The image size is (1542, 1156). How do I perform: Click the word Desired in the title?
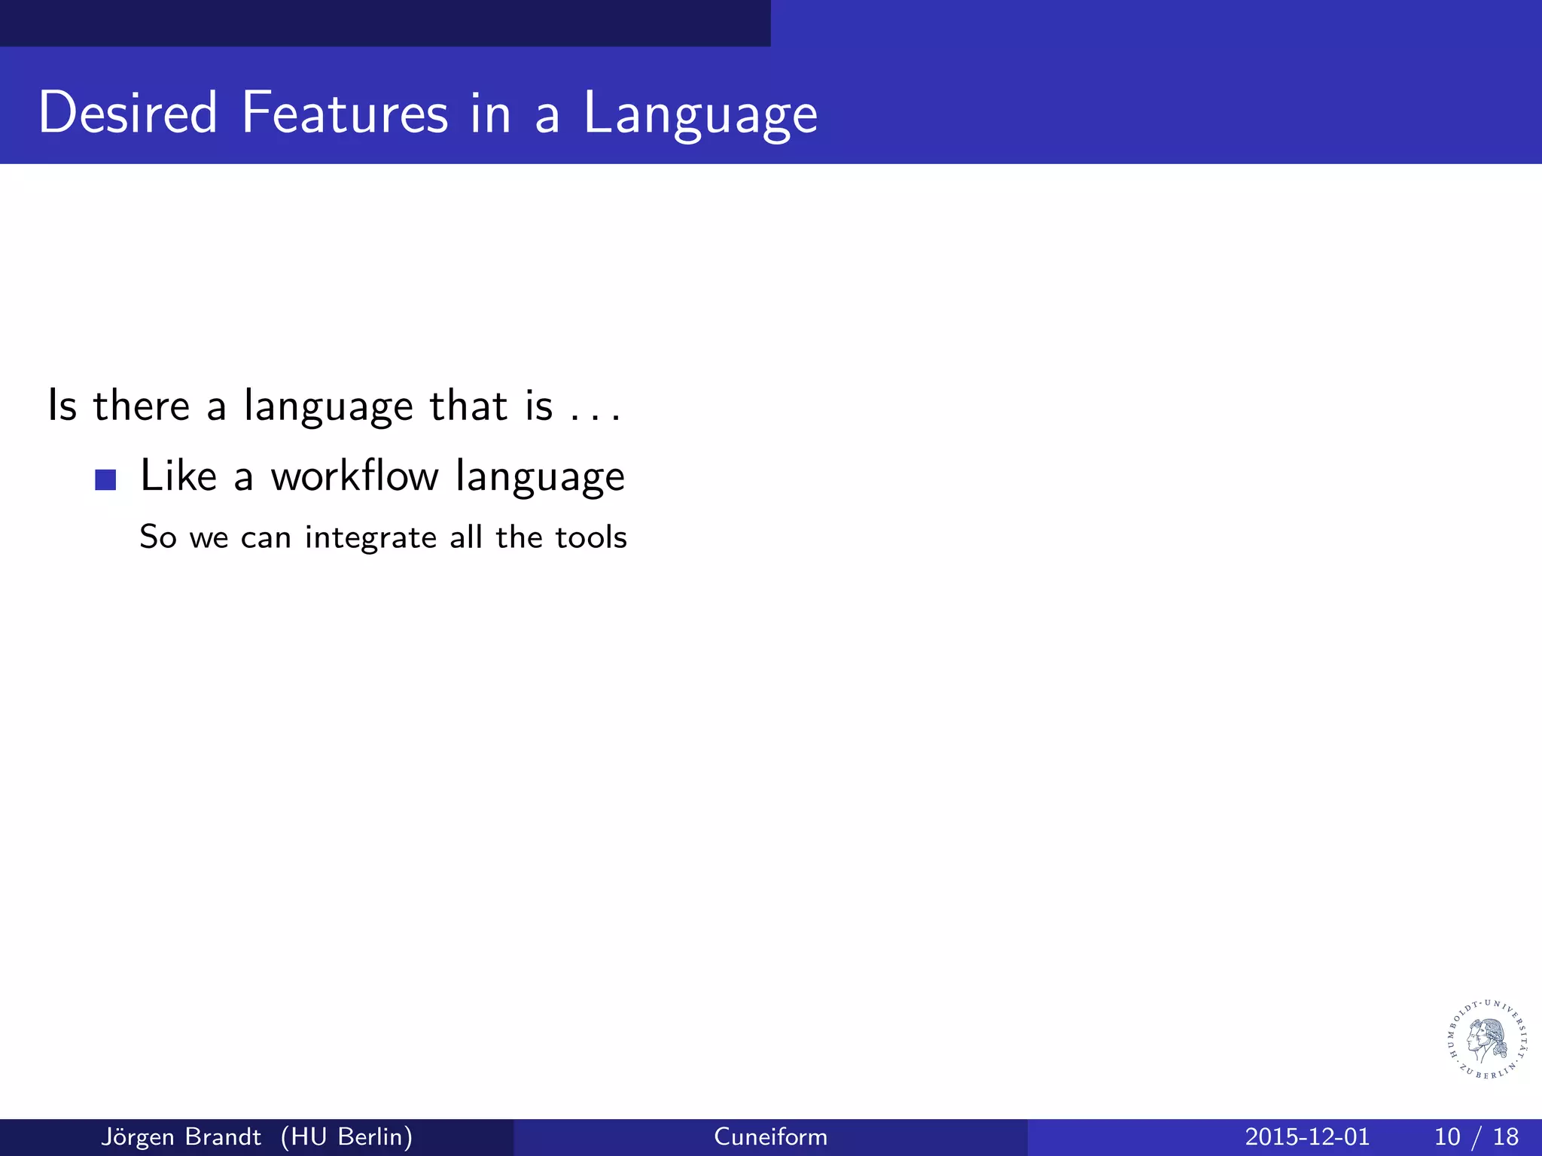point(128,113)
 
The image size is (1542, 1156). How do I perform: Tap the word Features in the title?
point(344,113)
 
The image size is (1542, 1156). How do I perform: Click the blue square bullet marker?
point(105,480)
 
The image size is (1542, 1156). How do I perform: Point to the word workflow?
point(355,476)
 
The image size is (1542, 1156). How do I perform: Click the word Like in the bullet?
point(178,476)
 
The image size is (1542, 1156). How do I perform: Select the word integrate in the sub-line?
point(370,538)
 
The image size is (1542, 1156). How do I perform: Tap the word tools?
point(591,537)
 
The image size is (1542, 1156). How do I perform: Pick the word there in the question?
point(142,406)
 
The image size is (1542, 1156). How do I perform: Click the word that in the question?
point(468,406)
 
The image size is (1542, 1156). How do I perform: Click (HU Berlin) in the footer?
point(346,1136)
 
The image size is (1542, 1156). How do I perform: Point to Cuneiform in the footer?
point(770,1136)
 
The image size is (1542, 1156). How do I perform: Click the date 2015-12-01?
point(1307,1136)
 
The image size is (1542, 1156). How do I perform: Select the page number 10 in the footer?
point(1446,1136)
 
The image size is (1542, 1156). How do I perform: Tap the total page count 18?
point(1506,1136)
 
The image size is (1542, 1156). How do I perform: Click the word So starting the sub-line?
point(158,537)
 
